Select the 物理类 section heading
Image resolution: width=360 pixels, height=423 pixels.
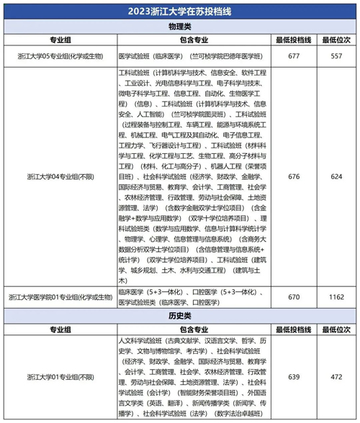[x=180, y=26]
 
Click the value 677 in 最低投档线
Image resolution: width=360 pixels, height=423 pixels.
[x=294, y=55]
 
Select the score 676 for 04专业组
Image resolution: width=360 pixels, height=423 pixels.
[x=294, y=175]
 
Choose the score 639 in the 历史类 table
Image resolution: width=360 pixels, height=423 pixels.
[x=294, y=376]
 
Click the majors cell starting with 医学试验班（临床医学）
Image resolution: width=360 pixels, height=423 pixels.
[x=194, y=55]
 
